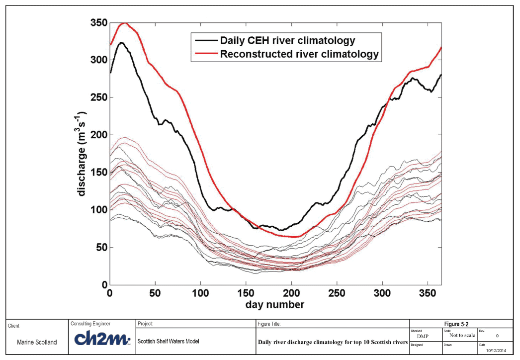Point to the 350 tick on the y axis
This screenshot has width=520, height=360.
[x=99, y=23]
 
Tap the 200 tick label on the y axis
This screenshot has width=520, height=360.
[x=99, y=135]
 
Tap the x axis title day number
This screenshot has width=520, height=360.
[x=274, y=305]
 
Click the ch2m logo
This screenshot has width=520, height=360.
[x=102, y=339]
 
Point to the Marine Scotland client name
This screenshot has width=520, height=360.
[x=37, y=342]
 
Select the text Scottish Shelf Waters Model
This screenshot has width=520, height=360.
[x=168, y=341]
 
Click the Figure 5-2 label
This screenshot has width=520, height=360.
[x=456, y=324]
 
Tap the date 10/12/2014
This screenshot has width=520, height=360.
[x=496, y=351]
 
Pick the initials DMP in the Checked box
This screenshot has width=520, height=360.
[x=423, y=336]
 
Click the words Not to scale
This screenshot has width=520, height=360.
[x=462, y=335]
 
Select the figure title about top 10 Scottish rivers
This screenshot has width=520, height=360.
[x=333, y=342]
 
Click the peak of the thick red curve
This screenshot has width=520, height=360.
[x=124, y=23]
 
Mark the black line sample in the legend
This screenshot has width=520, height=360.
[x=206, y=40]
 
